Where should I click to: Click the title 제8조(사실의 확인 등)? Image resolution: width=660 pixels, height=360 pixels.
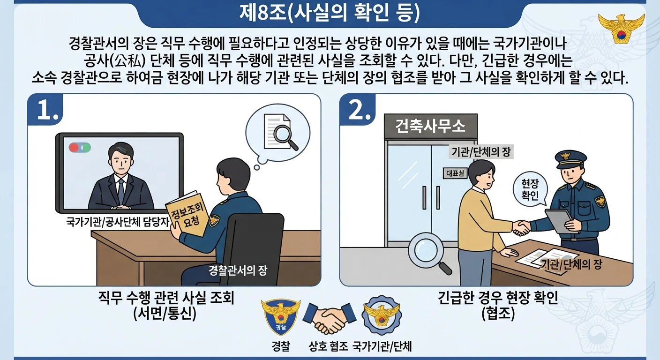click(x=330, y=14)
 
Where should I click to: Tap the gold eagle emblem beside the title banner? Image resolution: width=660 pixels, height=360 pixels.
click(x=621, y=29)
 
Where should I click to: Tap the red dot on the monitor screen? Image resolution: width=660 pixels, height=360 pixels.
click(x=74, y=147)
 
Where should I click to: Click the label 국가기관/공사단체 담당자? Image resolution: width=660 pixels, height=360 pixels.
click(x=118, y=222)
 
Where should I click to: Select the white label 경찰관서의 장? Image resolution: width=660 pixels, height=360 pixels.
click(x=238, y=270)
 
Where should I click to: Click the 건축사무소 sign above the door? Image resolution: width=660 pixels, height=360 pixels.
click(x=430, y=126)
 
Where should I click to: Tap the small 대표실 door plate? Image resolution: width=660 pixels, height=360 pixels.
click(x=455, y=173)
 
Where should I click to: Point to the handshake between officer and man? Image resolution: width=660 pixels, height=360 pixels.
click(x=521, y=228)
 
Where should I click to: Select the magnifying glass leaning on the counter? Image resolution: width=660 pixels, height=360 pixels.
click(x=429, y=253)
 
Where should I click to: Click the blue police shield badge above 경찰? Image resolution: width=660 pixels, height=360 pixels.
click(x=281, y=317)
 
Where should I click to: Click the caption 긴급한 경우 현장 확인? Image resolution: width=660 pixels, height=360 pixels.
click(x=498, y=298)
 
